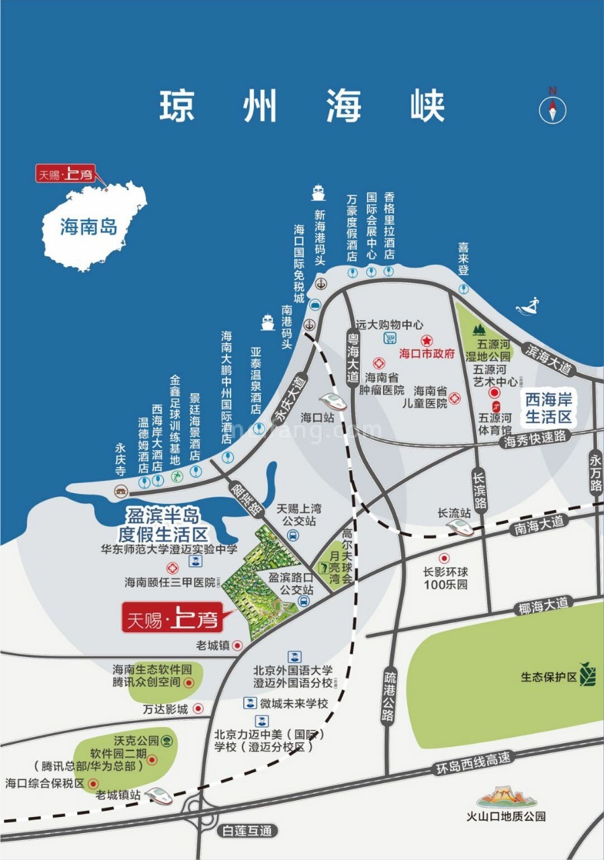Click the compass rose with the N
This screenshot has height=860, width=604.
[x=552, y=108]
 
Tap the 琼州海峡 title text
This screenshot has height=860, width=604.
[x=302, y=105]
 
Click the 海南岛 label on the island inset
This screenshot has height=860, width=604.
[x=88, y=227]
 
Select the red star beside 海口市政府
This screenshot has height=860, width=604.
[x=425, y=341]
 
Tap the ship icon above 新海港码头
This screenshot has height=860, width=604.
[x=318, y=193]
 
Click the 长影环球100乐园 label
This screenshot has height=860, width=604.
[x=445, y=578]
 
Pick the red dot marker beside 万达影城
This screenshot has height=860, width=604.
[x=198, y=709]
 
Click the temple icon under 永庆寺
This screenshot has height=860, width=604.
[x=120, y=472]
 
